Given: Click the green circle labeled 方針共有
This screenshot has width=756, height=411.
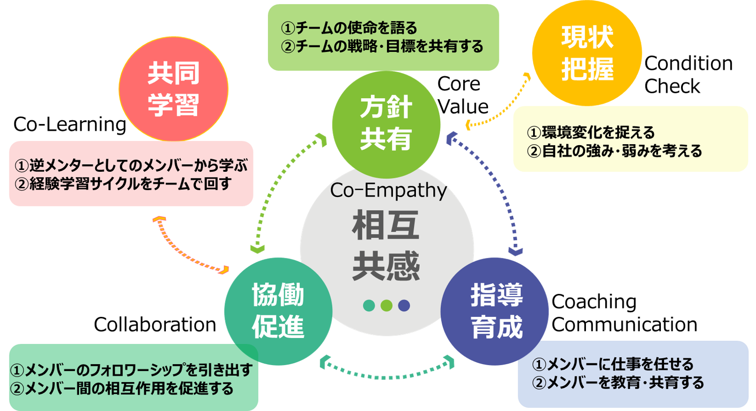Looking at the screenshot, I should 386,124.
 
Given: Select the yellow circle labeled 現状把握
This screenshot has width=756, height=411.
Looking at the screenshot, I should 587,52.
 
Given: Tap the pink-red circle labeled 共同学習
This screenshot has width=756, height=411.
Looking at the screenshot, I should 173,89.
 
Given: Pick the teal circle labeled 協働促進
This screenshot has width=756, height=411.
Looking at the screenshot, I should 278,311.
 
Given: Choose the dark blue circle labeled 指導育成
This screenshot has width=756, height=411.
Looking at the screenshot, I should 495,311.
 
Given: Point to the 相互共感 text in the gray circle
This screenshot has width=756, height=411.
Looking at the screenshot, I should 386,246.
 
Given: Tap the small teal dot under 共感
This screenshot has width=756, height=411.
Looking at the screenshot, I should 369,306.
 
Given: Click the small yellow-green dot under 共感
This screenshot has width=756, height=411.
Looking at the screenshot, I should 386,306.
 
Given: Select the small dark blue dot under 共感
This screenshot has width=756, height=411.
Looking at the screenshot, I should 404,306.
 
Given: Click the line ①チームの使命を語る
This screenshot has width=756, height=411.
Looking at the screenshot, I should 349,28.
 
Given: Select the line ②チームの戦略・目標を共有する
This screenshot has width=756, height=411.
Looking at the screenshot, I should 382,47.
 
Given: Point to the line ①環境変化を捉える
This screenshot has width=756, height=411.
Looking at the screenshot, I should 591,132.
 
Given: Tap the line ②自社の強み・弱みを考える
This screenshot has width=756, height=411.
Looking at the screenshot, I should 615,151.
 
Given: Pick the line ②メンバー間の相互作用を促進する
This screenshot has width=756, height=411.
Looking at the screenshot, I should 122,389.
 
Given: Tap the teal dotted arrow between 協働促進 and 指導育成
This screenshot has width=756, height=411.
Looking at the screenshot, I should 386,374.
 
